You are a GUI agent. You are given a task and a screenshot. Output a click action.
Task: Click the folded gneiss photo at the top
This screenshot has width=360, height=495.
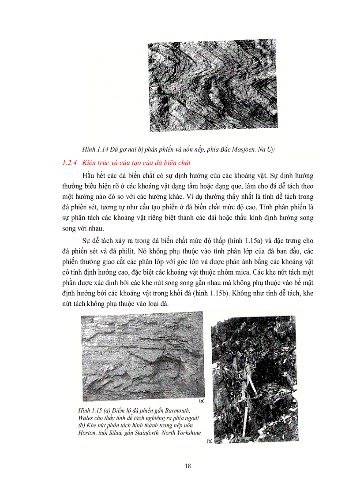coord(213,85)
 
